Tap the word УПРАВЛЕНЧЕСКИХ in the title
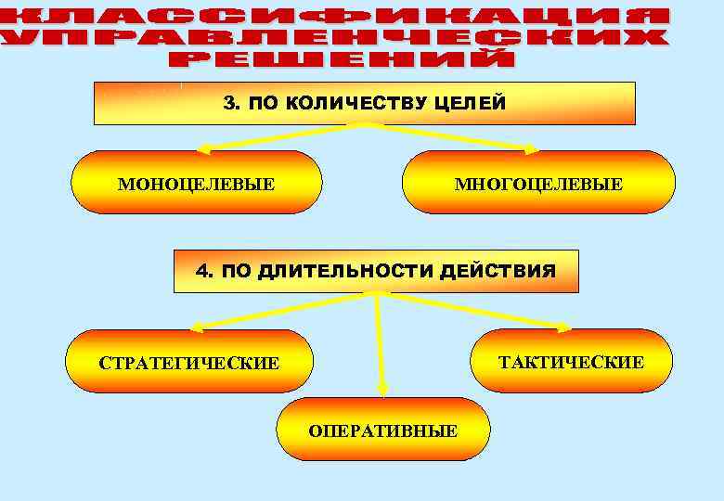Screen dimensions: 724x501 tap(334, 38)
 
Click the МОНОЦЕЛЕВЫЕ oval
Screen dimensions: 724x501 tap(196, 183)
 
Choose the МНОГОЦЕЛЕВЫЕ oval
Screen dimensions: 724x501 tap(538, 183)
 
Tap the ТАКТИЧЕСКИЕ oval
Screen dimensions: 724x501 tap(571, 361)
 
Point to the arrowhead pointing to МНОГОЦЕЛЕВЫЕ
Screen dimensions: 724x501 tap(533, 148)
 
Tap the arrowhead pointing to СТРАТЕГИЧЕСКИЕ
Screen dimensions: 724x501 tap(195, 328)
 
